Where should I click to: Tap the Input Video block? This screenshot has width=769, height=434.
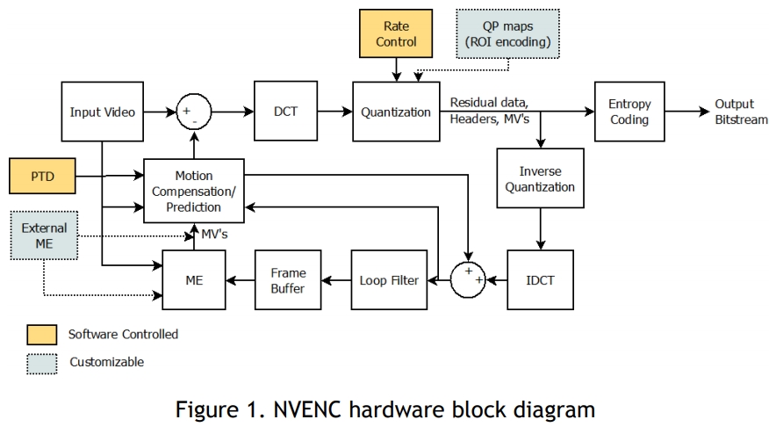coord(102,112)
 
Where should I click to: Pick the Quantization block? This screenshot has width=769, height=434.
coord(395,112)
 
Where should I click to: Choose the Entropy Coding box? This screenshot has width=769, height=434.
coord(629,112)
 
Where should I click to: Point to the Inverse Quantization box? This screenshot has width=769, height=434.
coord(540,179)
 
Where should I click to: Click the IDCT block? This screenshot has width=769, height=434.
coord(540,279)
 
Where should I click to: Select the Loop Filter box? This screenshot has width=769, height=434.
coord(387,279)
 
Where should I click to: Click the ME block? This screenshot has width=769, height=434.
coord(194,279)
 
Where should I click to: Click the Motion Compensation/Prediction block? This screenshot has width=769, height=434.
coord(194,192)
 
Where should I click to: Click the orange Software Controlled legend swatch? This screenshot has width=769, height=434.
coord(40,334)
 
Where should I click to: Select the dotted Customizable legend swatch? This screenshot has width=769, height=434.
coord(40,362)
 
